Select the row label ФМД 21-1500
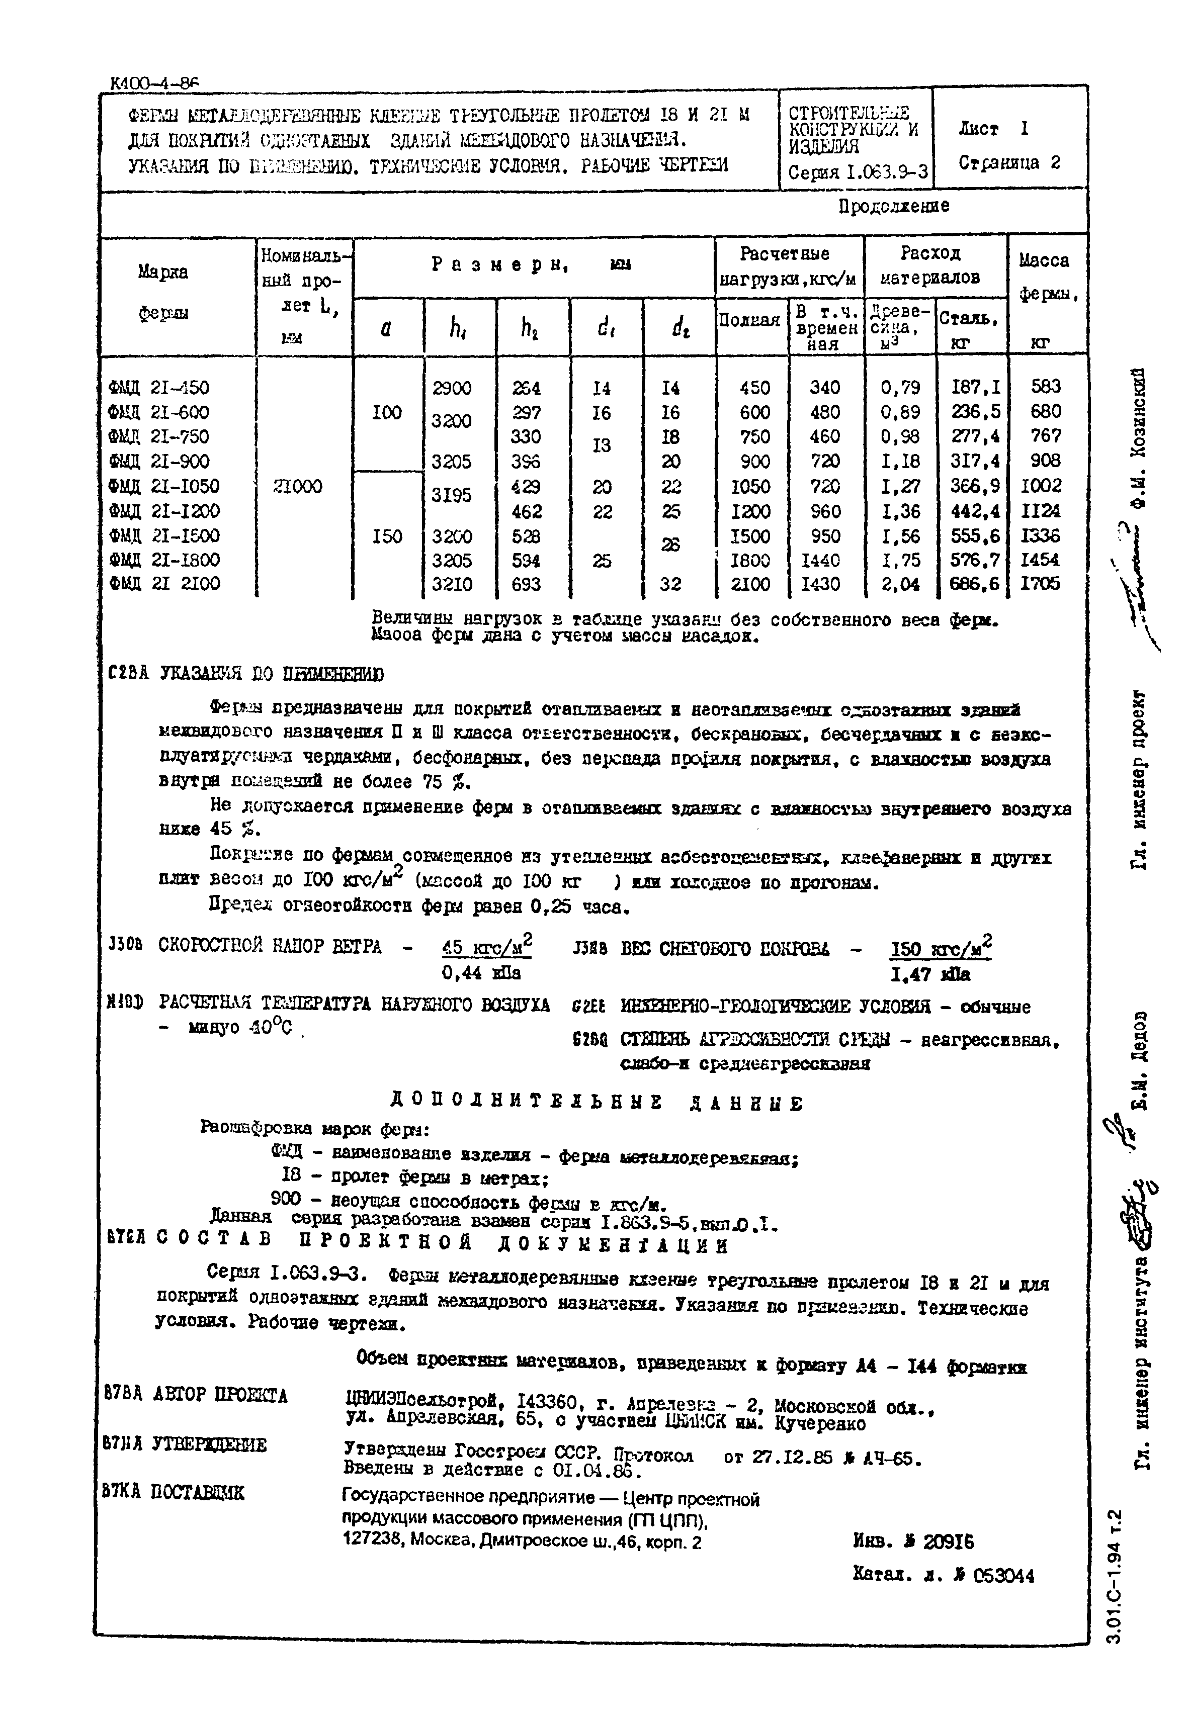coord(164,536)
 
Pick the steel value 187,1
coord(976,387)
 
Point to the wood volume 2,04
coord(900,585)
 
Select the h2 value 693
coord(526,585)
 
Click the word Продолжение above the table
coord(893,206)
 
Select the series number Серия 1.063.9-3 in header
coord(858,172)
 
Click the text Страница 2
coord(1008,163)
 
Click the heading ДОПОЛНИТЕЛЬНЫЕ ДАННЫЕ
coord(596,1104)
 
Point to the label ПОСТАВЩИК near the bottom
coord(197,1492)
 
